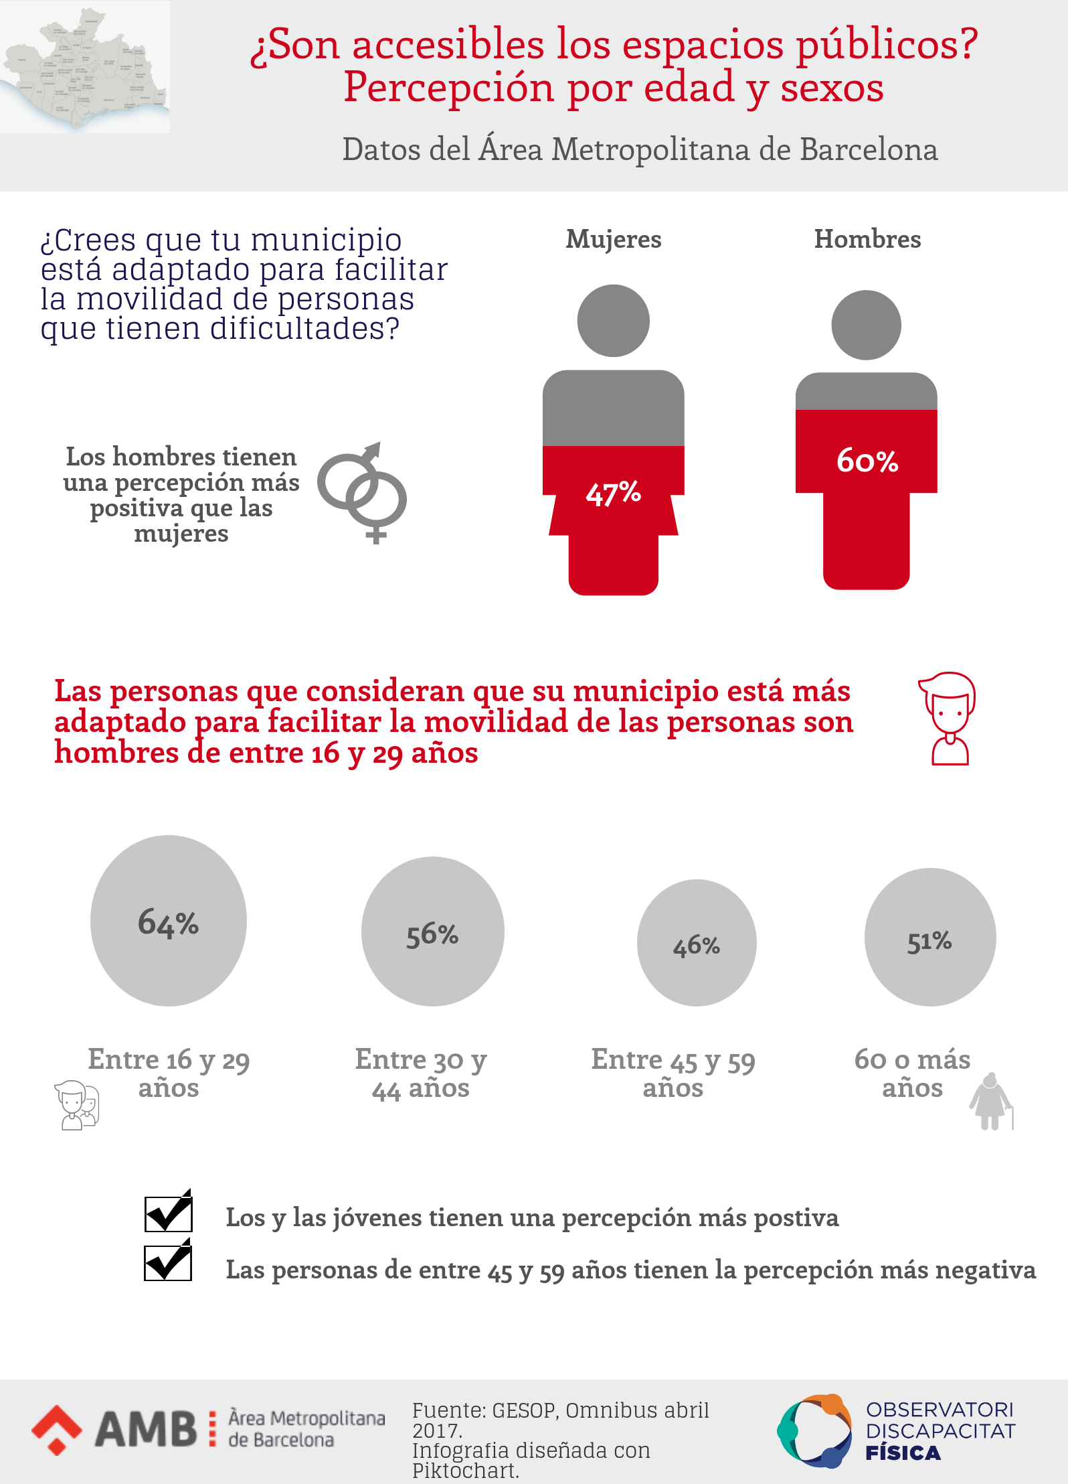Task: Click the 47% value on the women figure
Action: coord(613,493)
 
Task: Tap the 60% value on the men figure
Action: coord(867,461)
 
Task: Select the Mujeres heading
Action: coord(614,240)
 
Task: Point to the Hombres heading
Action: coord(867,239)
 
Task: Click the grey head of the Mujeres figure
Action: coord(613,321)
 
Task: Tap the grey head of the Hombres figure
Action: coord(866,325)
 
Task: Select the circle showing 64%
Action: coord(169,921)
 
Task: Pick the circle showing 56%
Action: coord(432,932)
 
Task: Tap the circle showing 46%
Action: coord(697,943)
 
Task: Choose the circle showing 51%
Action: coord(930,938)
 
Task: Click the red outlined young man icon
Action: coord(948,719)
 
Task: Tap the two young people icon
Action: coord(77,1105)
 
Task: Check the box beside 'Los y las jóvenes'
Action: coord(169,1213)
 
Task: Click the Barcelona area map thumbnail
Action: coord(85,67)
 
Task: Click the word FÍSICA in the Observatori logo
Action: coord(903,1453)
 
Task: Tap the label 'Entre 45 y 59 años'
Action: coord(673,1073)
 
